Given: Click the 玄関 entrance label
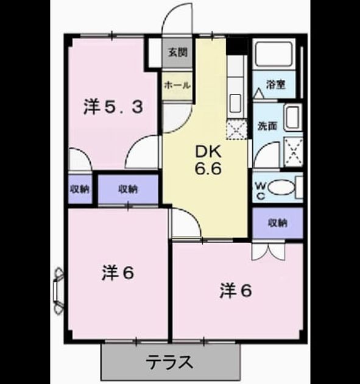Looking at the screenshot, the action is (x=178, y=52).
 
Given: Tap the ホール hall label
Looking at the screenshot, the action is (x=177, y=85).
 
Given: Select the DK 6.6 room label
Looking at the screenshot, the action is (x=208, y=160).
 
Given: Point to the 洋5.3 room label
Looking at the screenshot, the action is (x=113, y=107).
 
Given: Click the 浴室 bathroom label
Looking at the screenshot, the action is (x=276, y=85).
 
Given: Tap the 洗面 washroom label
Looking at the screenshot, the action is (x=267, y=126).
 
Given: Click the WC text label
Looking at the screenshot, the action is (x=261, y=191).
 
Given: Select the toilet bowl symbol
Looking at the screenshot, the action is (x=281, y=188).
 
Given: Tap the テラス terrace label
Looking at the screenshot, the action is (x=169, y=363).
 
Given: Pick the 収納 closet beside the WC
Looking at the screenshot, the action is (x=278, y=222).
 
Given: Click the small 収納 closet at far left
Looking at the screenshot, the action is (x=80, y=189).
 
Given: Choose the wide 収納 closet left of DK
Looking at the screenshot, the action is (x=128, y=189).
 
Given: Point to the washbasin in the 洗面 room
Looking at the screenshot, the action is (x=293, y=117).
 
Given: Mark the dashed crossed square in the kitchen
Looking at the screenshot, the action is (x=236, y=130).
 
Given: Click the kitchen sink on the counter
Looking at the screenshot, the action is (x=236, y=104).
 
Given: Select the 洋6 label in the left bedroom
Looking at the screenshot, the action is (x=118, y=273).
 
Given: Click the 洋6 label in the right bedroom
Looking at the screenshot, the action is (x=236, y=291).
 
